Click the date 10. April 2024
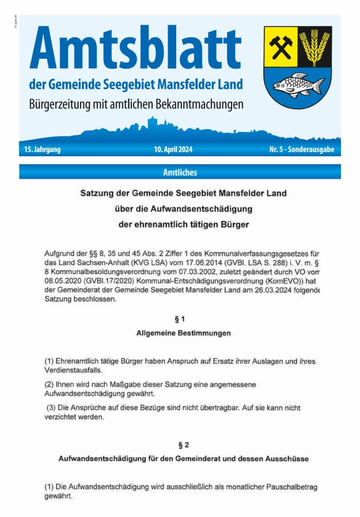[173, 149]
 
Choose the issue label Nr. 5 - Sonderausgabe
[301, 149]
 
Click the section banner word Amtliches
[180, 172]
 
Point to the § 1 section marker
[180, 319]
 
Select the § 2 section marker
[183, 445]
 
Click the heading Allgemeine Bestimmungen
[184, 333]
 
